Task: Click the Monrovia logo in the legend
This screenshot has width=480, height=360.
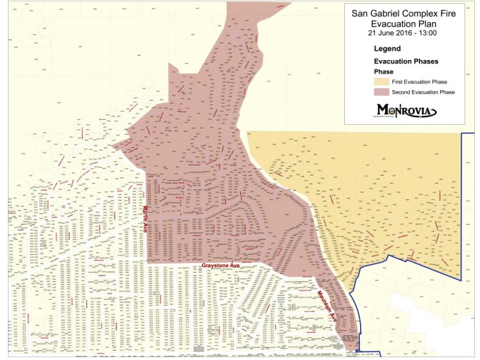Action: pyautogui.click(x=403, y=109)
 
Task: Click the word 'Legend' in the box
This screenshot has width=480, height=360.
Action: pyautogui.click(x=387, y=49)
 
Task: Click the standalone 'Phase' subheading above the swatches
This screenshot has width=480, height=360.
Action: pyautogui.click(x=384, y=72)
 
